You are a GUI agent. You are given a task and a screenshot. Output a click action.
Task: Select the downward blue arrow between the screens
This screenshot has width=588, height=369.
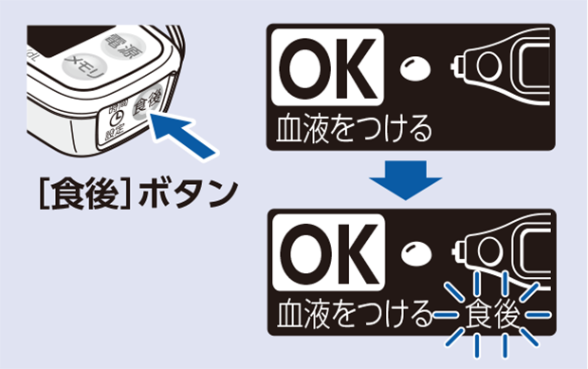[x=406, y=179]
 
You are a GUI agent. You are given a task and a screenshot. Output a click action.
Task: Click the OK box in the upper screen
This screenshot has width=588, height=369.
[x=327, y=69]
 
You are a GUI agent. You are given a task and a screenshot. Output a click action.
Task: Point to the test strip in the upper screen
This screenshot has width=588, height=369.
[x=503, y=72]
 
